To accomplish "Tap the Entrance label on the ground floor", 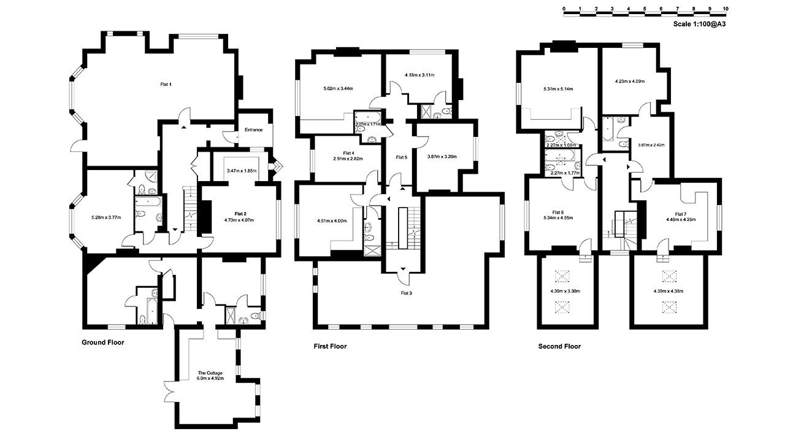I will tap(254, 130).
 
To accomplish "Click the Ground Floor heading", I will tap(103, 343).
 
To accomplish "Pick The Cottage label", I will tap(210, 373).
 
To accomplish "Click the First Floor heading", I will tap(330, 346).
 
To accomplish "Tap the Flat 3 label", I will tap(406, 293).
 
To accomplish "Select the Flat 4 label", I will tap(348, 153).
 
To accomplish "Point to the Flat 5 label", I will tap(401, 158).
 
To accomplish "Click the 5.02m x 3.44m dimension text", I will tap(339, 88).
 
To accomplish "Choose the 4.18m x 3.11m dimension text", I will tap(419, 75).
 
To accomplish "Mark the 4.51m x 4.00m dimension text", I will tap(332, 221).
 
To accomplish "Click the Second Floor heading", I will tap(559, 346).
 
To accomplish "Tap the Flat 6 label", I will tap(557, 212).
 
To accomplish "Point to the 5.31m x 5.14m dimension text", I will tap(558, 89).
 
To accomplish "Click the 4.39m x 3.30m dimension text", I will tap(565, 291).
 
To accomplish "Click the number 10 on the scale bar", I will tap(726, 9).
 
